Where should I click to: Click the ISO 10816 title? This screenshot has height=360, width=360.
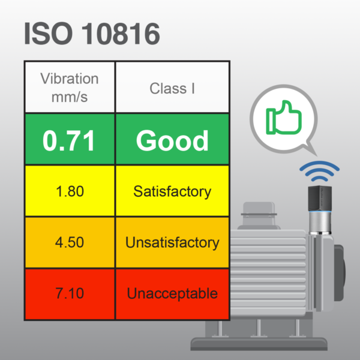92,34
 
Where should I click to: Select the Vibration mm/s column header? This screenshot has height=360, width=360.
69,87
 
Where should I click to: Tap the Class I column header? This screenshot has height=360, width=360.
172,88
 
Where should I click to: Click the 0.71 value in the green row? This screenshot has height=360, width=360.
69,140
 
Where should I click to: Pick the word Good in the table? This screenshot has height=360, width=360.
172,140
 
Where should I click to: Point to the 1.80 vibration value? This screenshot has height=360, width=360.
69,192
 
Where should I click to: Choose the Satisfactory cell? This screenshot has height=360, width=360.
172,192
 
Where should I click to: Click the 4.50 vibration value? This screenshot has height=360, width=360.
69,243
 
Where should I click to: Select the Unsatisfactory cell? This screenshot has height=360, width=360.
172,243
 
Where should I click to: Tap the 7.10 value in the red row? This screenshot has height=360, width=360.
69,294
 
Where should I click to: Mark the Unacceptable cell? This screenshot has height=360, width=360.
172,294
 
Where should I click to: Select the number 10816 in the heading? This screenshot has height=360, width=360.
121,34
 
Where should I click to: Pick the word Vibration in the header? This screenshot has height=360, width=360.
69,79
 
